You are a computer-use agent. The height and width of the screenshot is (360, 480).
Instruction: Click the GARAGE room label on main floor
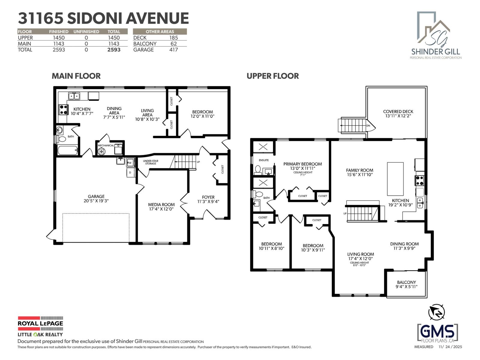pyautogui.click(x=96, y=196)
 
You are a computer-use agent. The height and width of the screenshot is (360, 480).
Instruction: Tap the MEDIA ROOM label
pyautogui.click(x=161, y=205)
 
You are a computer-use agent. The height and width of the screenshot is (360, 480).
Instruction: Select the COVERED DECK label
pyautogui.click(x=398, y=112)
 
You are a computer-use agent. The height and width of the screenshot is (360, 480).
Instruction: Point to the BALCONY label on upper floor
pyautogui.click(x=406, y=282)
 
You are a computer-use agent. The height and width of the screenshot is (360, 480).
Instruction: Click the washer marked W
pyautogui.click(x=130, y=163)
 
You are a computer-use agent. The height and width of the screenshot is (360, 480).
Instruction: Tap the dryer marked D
pyautogui.click(x=130, y=172)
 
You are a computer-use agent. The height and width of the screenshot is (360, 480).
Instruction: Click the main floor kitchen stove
pyautogui.click(x=63, y=109)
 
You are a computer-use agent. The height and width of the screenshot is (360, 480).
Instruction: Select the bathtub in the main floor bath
pyautogui.click(x=68, y=150)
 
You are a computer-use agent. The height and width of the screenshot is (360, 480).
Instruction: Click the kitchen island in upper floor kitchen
pyautogui.click(x=395, y=179)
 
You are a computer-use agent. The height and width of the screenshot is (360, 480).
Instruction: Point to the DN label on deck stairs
pyautogui.click(x=368, y=126)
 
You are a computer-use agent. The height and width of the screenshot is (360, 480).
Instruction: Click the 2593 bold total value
pyautogui.click(x=114, y=50)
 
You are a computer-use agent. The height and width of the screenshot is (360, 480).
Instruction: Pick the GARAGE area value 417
pyautogui.click(x=173, y=50)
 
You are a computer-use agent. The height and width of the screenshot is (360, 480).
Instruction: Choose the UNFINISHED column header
pyautogui.click(x=86, y=31)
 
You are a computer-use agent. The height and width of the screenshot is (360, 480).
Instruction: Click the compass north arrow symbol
pyautogui.click(x=436, y=312)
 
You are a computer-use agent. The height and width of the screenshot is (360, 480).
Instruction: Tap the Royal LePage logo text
pyautogui.click(x=40, y=323)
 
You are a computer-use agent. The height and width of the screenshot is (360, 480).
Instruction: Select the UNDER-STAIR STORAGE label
pyautogui.click(x=151, y=162)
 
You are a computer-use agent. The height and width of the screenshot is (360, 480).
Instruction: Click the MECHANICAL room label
pyautogui.click(x=106, y=145)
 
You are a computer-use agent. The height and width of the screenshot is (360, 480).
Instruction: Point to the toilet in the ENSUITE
pyautogui.click(x=258, y=170)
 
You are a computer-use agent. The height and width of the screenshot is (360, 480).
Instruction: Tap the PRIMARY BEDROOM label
pyautogui.click(x=302, y=164)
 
